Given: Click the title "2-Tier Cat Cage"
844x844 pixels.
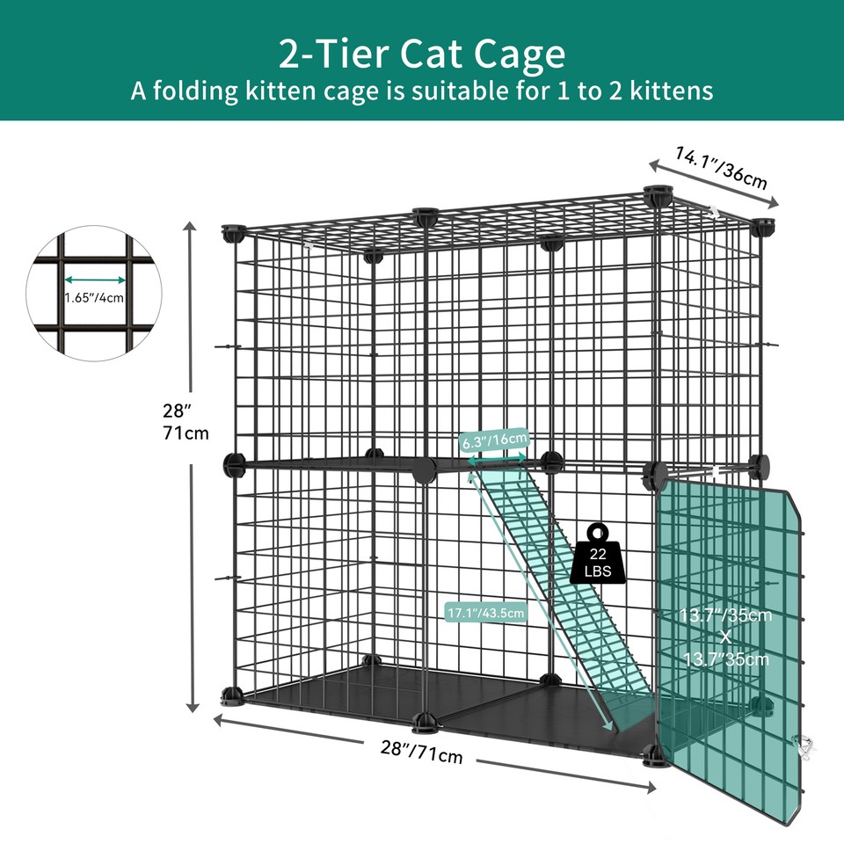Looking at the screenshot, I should (421, 54).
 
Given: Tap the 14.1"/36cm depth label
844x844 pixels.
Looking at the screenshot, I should (721, 167).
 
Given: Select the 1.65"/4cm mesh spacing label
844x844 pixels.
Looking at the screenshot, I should (94, 296).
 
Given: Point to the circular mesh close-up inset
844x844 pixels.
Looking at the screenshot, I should (95, 282).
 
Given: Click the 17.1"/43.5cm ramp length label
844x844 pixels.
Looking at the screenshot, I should (486, 613).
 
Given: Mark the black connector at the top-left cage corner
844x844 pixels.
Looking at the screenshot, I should (233, 233).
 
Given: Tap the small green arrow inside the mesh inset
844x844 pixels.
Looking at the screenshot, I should (95, 281).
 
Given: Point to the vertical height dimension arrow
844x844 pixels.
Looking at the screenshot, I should (192, 466).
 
